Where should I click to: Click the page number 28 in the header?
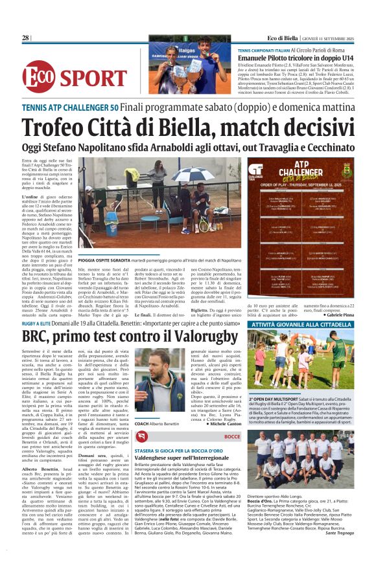click(x=25, y=38)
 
